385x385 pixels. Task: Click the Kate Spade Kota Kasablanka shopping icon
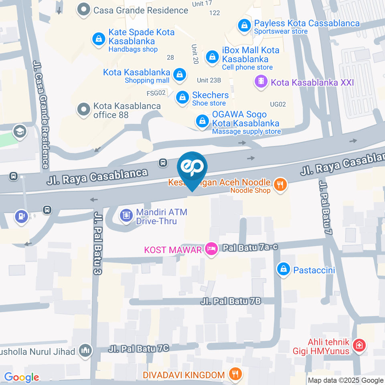click(98, 39)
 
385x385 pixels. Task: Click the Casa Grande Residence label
click(140, 10)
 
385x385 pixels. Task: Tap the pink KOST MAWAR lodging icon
click(210, 249)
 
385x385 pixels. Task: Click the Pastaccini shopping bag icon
click(284, 269)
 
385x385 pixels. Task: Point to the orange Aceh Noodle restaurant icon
click(280, 184)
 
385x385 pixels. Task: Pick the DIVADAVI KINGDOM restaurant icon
click(234, 375)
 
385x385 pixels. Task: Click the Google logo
click(21, 377)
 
